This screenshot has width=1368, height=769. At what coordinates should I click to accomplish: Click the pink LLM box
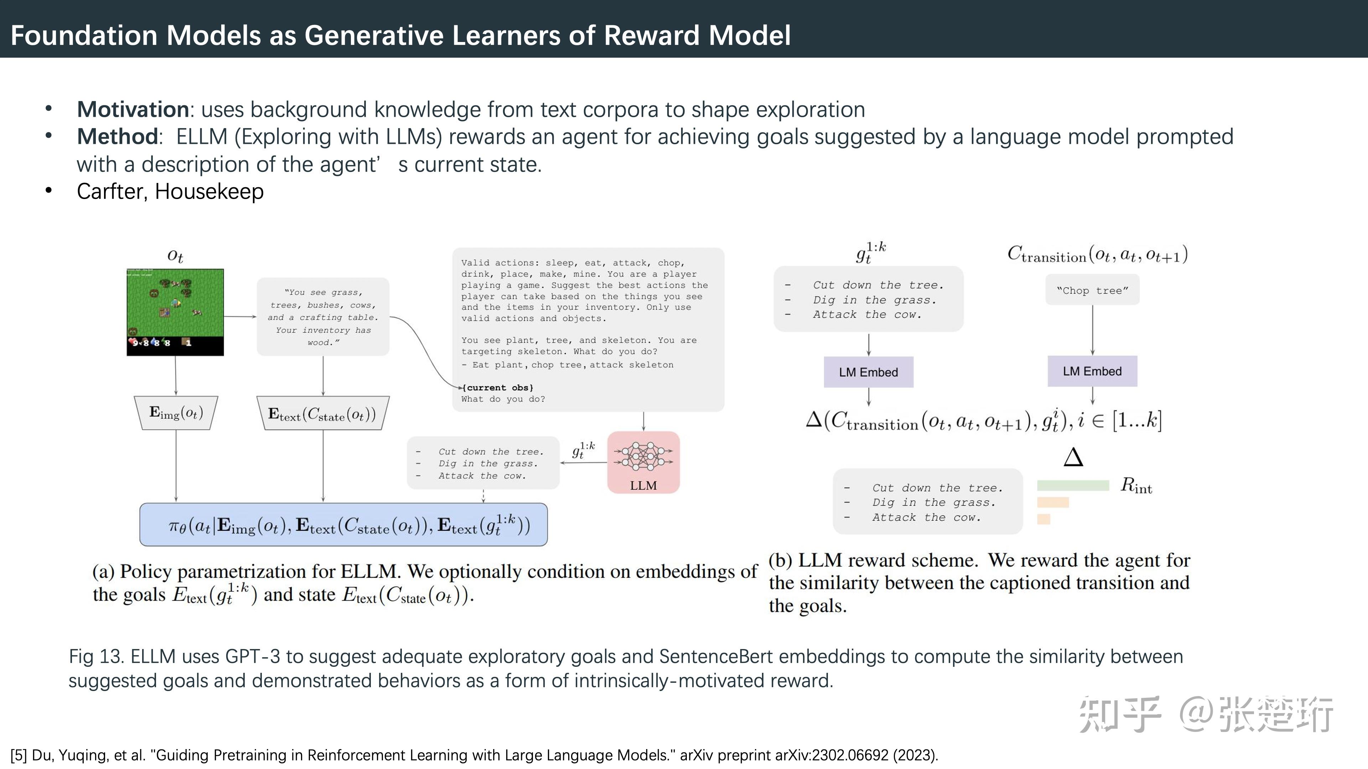643,462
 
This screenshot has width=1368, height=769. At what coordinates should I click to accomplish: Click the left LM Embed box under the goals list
868,372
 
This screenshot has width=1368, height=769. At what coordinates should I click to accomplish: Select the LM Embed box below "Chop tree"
1092,371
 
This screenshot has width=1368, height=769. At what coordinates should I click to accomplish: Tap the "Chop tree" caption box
1092,290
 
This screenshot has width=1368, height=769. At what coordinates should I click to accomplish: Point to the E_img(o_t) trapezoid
176,412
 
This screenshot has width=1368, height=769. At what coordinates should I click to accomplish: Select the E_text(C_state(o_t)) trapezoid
322,413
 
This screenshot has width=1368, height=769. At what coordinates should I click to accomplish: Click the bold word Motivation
133,109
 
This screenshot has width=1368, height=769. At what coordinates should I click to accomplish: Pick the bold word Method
117,137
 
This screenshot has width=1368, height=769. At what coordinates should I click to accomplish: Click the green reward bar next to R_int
1073,485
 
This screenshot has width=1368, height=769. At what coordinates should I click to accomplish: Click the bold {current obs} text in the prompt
498,387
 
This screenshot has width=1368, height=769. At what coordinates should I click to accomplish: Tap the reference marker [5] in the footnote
19,755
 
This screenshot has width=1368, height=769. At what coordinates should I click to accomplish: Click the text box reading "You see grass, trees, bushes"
323,317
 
